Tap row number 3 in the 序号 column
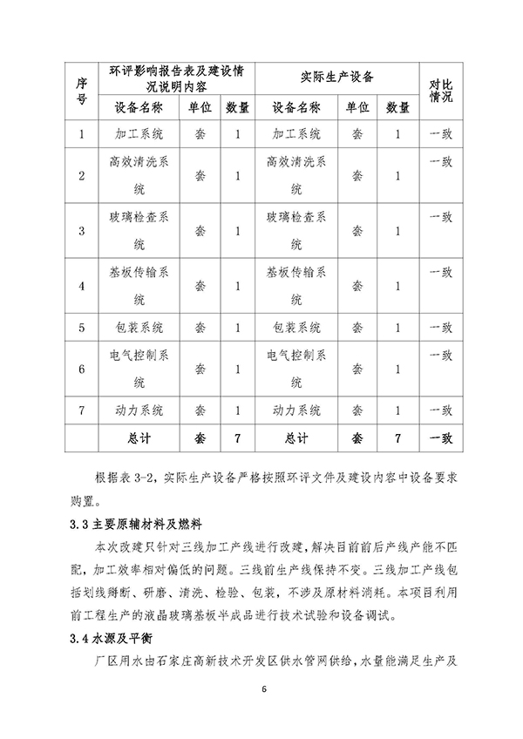[x=81, y=231]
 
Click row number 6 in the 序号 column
[x=81, y=369]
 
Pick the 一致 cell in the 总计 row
[x=441, y=437]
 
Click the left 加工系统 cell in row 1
[x=139, y=134]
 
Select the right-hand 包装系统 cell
[x=297, y=328]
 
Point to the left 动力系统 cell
[x=139, y=410]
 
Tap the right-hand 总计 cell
[x=297, y=438]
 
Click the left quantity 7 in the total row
[x=237, y=438]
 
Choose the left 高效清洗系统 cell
[x=139, y=175]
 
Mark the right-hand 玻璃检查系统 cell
[x=297, y=231]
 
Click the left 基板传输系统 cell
[x=139, y=286]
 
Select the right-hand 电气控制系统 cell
[x=297, y=369]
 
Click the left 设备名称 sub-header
[x=139, y=107]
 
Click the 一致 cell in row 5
[x=441, y=328]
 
